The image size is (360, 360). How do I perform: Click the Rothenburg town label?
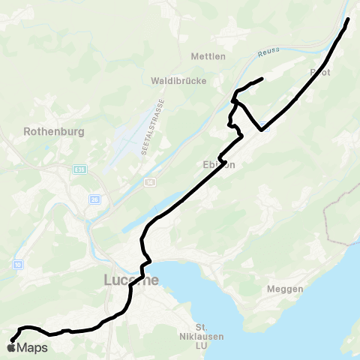pos(53,130)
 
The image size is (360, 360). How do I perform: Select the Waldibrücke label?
pos(178,80)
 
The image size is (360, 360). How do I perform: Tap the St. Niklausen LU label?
pos(200,335)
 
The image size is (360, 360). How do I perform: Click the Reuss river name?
pos(268,52)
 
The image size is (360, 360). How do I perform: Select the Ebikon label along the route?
pos(220,165)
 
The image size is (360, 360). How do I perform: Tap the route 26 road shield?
pos(94,199)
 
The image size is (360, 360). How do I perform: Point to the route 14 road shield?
pos(150,181)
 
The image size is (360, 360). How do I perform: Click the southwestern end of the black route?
pos(11,340)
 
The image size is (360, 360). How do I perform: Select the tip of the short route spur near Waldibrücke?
pos(261,79)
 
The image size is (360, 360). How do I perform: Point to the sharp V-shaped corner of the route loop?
pos(261,130)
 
